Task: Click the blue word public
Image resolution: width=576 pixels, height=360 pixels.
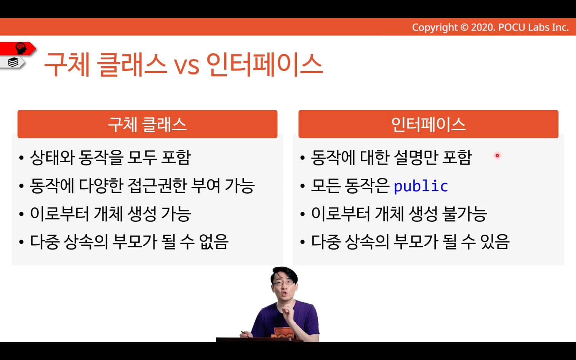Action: coord(421,186)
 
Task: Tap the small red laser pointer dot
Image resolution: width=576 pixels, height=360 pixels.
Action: coord(497,155)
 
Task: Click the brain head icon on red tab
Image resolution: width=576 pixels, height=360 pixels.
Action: coord(21,48)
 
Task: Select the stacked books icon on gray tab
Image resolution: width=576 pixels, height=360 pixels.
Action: coord(13,62)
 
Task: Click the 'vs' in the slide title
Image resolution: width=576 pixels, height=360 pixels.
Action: coord(187,66)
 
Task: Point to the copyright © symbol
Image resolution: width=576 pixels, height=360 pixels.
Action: coord(464,27)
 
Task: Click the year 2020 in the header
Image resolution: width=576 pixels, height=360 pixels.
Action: coord(482,27)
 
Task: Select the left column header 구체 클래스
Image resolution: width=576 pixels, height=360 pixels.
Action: coord(147,124)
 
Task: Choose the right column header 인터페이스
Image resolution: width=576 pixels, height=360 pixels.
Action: coord(429,124)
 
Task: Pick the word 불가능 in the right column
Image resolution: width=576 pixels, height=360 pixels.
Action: coord(464,214)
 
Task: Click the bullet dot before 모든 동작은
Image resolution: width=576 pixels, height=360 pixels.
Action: coord(302,186)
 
